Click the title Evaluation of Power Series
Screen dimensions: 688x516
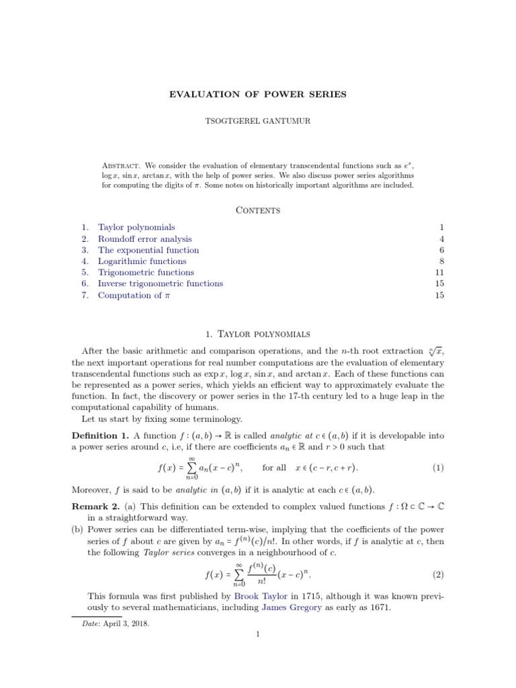[258, 94]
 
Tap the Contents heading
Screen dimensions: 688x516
[258, 210]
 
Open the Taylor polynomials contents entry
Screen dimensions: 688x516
[136, 228]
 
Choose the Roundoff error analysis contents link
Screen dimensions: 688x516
[144, 239]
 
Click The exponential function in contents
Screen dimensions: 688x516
[148, 250]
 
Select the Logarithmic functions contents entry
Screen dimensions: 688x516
[142, 261]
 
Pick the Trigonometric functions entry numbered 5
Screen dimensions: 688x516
[146, 272]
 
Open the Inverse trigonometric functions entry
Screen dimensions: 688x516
[161, 284]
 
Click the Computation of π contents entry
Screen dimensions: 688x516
[134, 295]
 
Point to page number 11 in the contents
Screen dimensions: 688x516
[440, 272]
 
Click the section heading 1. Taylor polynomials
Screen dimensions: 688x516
[258, 333]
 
